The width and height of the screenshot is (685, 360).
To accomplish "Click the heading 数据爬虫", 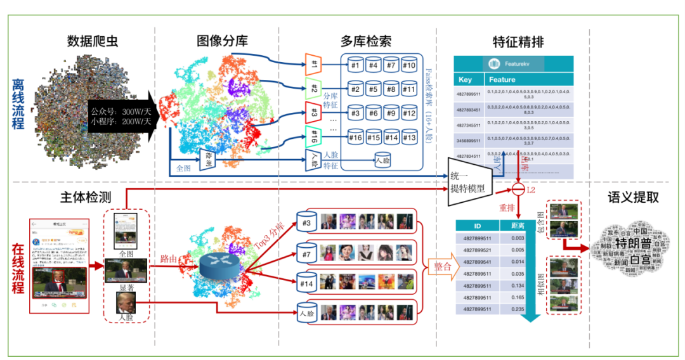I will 93,42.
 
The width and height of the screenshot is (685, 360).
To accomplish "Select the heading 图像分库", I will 221,42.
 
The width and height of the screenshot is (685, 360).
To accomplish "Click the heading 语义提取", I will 633,198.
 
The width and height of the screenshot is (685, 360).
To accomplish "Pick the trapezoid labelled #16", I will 313,136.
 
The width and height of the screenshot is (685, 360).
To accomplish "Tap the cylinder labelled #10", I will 408,66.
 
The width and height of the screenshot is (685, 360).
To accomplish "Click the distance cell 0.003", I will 518,238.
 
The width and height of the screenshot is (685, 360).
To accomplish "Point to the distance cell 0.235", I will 518,309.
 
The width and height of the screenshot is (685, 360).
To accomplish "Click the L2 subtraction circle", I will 518,190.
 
